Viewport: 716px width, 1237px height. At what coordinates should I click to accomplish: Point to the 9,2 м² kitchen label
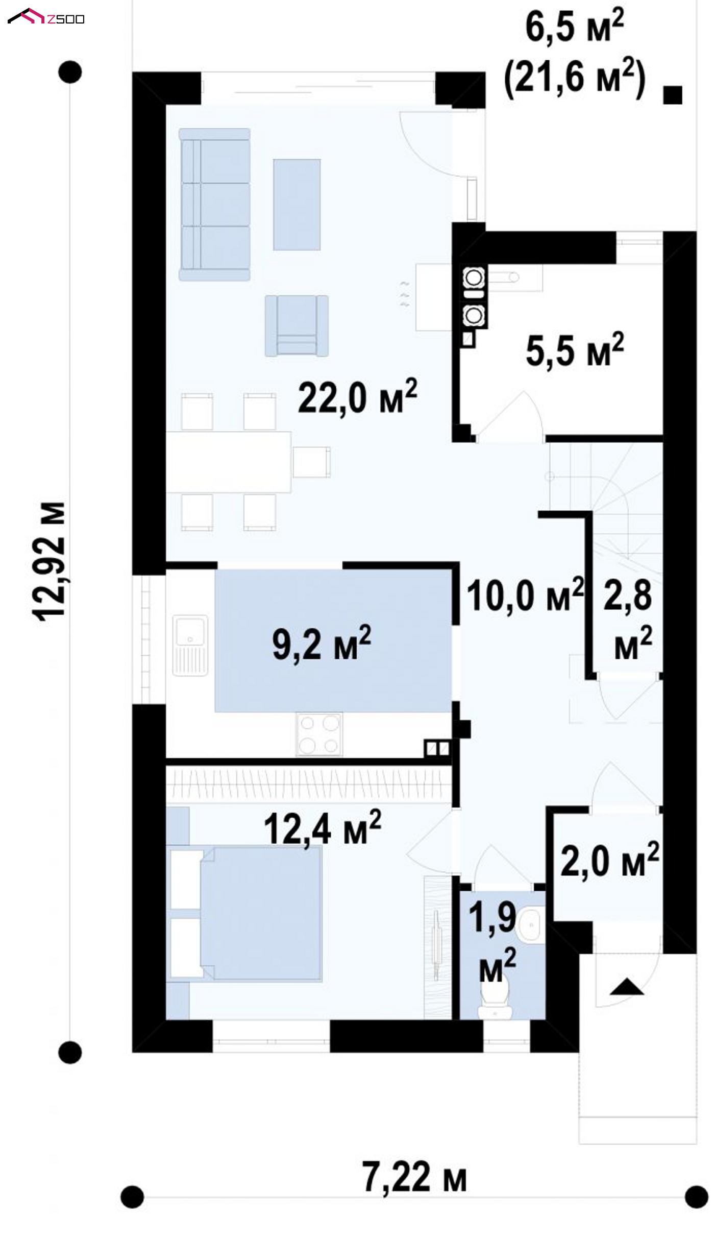[322, 643]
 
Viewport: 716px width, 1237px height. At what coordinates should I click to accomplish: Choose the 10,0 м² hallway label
[525, 595]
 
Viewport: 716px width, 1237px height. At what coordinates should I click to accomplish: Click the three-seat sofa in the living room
[214, 204]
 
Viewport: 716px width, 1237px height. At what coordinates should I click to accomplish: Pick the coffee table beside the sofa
[297, 204]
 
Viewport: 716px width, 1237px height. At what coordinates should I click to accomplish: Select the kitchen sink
[190, 645]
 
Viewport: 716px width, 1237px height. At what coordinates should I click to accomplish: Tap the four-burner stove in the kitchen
[319, 734]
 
